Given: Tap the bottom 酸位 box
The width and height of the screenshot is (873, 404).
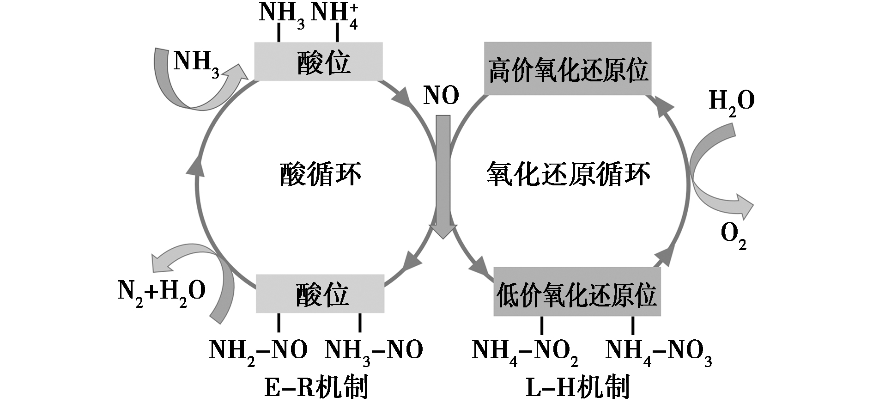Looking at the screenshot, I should point(320,294).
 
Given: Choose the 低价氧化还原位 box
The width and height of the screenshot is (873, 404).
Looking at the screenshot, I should point(577,292).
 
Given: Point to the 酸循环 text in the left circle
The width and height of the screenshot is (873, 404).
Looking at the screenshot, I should point(320,175).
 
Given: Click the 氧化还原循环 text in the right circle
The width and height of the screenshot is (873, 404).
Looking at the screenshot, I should point(568,175).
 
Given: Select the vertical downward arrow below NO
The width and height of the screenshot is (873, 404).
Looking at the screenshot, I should point(443,176).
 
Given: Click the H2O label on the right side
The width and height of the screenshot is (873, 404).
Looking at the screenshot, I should point(731,101).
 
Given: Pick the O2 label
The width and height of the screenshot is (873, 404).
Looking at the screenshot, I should point(734,235).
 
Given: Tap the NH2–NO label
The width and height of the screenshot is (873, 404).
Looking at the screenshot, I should point(258,350).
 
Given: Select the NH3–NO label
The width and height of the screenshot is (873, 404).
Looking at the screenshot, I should point(374,350).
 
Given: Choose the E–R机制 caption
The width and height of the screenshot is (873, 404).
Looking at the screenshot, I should point(316,387).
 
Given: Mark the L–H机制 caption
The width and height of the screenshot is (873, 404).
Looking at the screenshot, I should point(578,387).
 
